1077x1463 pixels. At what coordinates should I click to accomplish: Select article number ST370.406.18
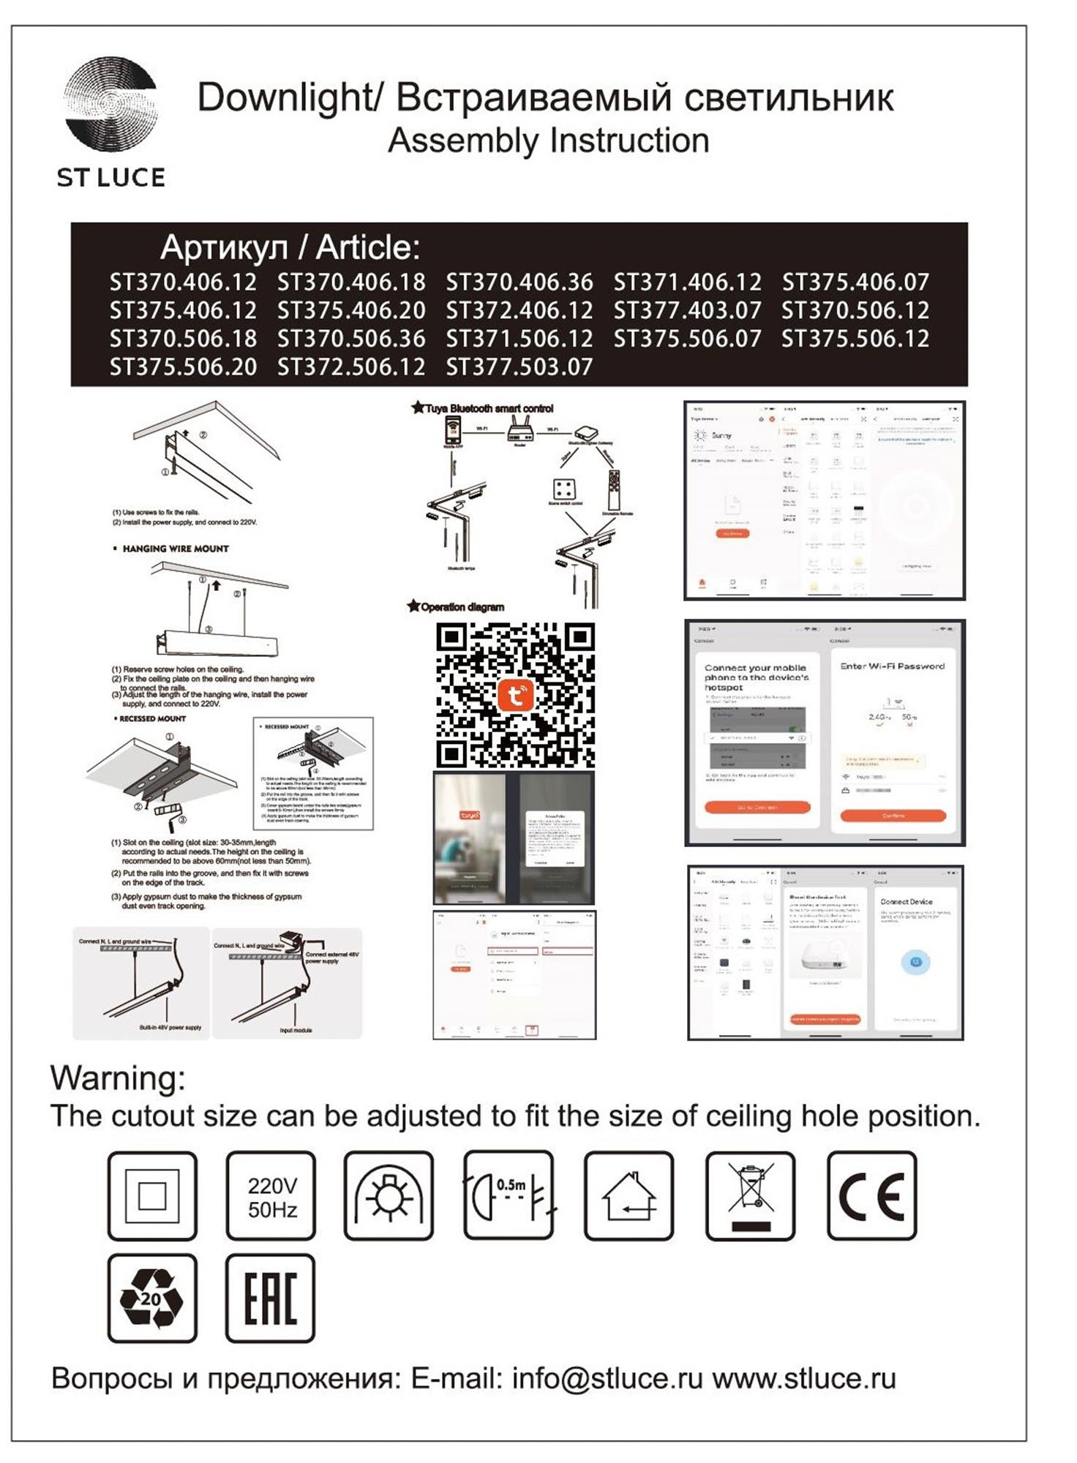point(351,282)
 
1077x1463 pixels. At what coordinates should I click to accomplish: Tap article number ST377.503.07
point(519,366)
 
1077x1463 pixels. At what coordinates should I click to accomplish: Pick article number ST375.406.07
point(855,282)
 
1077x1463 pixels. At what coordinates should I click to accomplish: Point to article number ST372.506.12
point(351,366)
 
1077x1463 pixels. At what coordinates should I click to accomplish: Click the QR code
point(515,695)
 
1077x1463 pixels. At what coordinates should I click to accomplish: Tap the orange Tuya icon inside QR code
point(515,695)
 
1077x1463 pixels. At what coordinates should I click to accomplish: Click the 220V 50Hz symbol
point(271,1197)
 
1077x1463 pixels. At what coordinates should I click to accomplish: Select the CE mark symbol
point(871,1197)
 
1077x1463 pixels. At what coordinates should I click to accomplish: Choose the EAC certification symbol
point(270,1298)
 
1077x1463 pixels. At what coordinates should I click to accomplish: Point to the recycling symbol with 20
point(152,1298)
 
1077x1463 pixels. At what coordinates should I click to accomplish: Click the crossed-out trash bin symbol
point(750,1197)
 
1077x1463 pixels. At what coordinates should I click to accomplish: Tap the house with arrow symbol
point(629,1197)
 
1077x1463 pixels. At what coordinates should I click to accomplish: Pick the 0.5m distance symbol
point(509,1197)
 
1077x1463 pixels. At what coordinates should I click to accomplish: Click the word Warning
point(118,1078)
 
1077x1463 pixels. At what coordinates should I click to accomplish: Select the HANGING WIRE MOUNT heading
point(176,549)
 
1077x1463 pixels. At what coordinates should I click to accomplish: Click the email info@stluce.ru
point(607,1379)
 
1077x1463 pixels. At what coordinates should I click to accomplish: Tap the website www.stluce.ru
point(804,1379)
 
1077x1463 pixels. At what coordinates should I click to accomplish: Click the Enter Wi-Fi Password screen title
point(892,666)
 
